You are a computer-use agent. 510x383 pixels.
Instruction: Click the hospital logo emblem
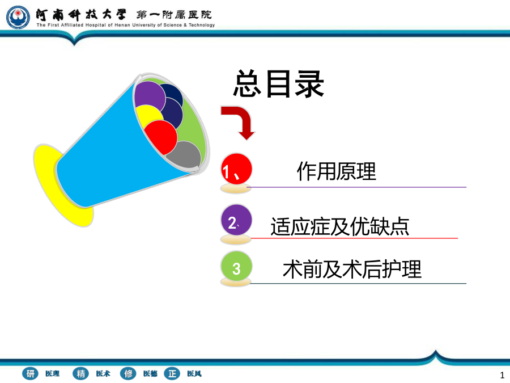18,17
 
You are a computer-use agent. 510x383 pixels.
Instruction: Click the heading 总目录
279,84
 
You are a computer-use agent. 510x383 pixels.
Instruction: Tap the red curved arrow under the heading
239,123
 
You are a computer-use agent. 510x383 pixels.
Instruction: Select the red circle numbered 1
236,169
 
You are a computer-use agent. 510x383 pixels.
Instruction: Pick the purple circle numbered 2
236,220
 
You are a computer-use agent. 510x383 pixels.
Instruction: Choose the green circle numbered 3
236,267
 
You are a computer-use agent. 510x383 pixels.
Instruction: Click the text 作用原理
336,171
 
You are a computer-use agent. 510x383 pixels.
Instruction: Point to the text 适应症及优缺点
340,226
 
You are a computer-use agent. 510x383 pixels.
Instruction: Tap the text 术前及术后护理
352,269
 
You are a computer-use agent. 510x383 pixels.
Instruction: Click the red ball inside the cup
160,137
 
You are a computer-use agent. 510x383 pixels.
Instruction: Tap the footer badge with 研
30,373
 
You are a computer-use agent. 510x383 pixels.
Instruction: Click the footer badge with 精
80,373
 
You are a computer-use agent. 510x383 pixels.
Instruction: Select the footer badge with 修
128,373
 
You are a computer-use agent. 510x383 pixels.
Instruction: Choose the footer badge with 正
172,373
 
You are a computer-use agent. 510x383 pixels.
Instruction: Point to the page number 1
502,375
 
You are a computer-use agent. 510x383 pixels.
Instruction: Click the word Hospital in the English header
96,25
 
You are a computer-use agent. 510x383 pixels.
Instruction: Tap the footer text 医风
194,373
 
